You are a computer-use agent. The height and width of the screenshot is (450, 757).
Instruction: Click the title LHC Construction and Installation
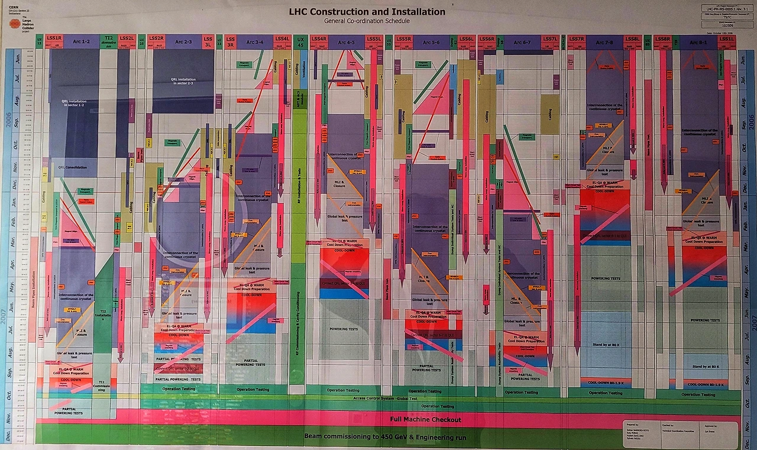tap(367, 12)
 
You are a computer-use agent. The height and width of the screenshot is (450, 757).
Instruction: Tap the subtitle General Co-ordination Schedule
tap(367, 21)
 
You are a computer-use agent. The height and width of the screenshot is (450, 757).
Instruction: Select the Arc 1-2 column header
tap(81, 41)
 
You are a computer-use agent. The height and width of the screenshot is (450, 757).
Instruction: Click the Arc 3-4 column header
tap(255, 41)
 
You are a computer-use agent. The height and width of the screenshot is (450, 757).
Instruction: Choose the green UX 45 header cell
tap(299, 42)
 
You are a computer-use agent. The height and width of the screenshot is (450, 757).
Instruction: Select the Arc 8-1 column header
tap(698, 42)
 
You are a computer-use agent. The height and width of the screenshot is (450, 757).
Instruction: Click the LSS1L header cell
tap(727, 40)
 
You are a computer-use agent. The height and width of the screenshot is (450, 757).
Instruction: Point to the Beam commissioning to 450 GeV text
tap(385, 436)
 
